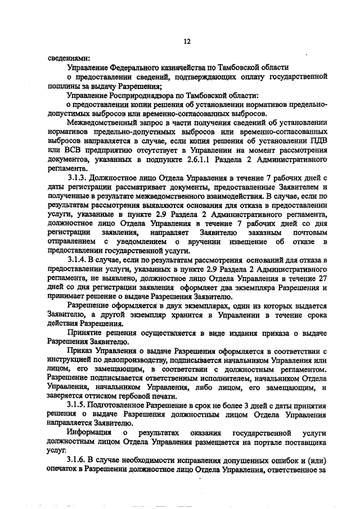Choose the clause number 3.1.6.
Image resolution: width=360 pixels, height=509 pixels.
[77, 462]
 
